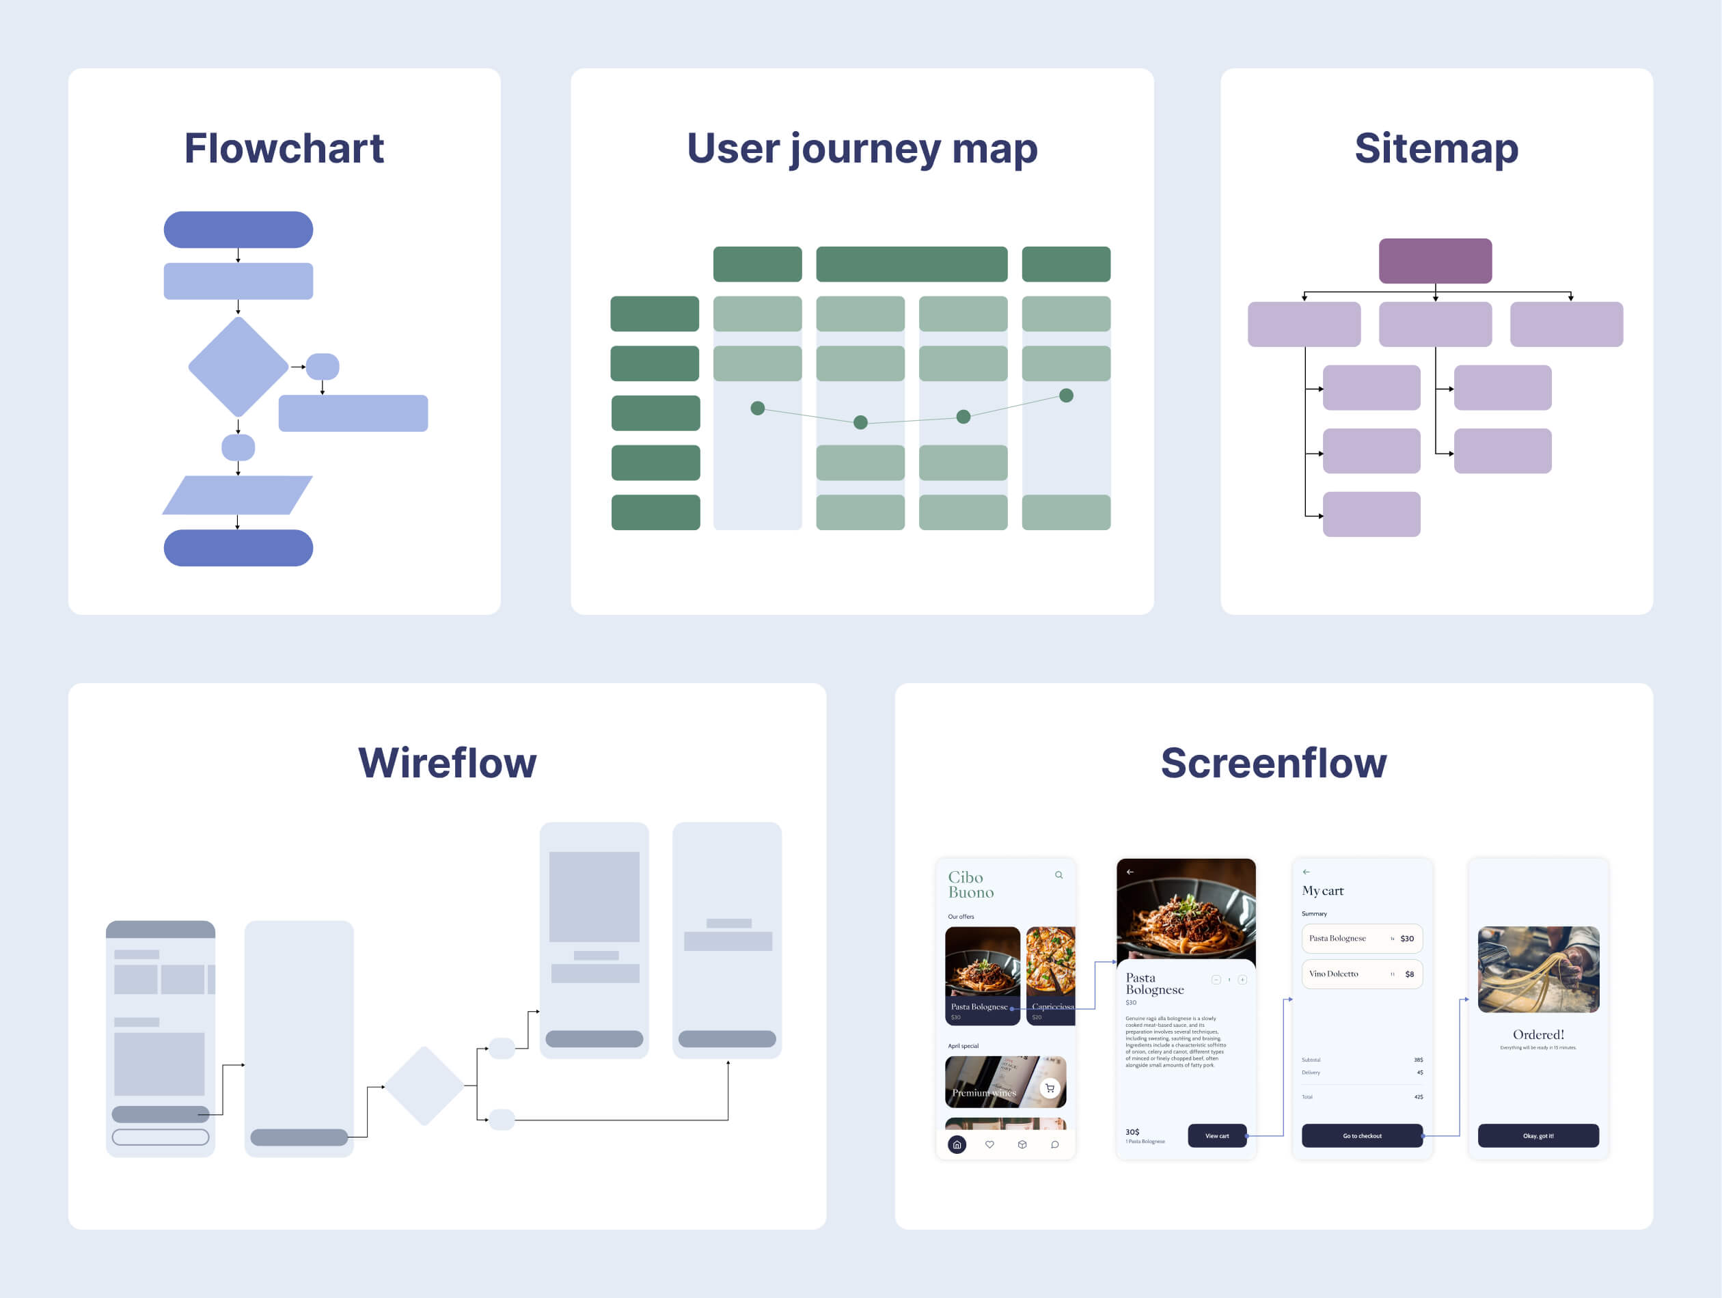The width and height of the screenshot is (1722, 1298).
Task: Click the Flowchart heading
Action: [284, 148]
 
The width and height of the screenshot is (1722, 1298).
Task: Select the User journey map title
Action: [862, 148]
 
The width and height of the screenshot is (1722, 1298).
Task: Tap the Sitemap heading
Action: [1436, 148]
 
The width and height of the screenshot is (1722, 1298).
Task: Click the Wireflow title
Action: [447, 762]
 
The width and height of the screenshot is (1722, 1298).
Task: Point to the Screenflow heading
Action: [1274, 762]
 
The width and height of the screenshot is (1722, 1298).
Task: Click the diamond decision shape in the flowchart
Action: [238, 367]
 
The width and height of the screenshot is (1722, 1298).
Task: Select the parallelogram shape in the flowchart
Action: [237, 495]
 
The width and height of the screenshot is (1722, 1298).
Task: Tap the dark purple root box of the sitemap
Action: [1436, 261]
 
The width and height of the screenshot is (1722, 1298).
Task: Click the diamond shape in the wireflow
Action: [424, 1086]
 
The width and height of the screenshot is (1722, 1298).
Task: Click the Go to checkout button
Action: [1362, 1135]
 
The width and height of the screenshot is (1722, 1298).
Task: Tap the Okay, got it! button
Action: [1538, 1135]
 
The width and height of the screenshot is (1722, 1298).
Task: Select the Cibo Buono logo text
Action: [971, 885]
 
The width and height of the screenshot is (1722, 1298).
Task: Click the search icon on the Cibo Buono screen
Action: [1058, 874]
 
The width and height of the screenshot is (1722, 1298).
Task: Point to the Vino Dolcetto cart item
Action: [1362, 973]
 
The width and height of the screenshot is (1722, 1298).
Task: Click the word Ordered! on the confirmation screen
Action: [1538, 1034]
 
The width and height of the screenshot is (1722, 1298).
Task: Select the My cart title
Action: [1323, 891]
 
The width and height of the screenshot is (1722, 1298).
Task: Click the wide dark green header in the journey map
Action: [912, 264]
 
